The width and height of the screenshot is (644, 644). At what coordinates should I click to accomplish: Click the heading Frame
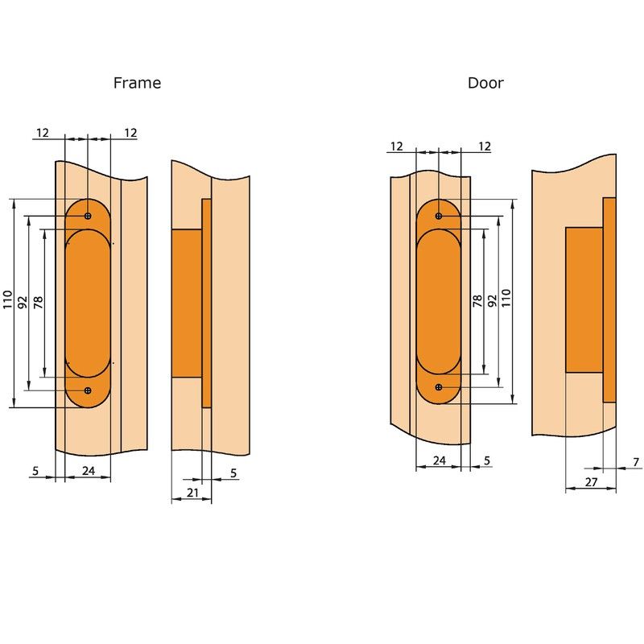pyautogui.click(x=137, y=83)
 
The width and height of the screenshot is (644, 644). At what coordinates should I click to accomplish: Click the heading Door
pyautogui.click(x=485, y=83)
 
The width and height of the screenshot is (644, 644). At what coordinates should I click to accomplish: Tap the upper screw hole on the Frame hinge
pyautogui.click(x=88, y=216)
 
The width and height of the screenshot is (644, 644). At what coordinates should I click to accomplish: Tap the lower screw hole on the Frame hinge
pyautogui.click(x=88, y=390)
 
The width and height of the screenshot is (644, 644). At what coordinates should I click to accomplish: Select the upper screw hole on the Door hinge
pyautogui.click(x=439, y=216)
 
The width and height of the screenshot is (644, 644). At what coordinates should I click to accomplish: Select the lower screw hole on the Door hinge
pyautogui.click(x=439, y=387)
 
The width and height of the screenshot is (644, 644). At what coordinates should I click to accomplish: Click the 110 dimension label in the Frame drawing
pyautogui.click(x=8, y=299)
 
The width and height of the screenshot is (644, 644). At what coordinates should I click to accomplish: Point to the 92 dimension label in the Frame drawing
pyautogui.click(x=23, y=303)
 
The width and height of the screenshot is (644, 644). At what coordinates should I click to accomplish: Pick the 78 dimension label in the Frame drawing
pyautogui.click(x=38, y=303)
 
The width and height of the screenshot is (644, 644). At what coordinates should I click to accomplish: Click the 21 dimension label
pyautogui.click(x=192, y=493)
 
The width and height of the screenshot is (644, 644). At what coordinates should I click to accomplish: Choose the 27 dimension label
pyautogui.click(x=591, y=482)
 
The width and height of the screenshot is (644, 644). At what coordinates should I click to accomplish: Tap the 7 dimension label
pyautogui.click(x=636, y=462)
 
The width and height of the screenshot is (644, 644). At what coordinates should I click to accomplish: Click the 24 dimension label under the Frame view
pyautogui.click(x=89, y=471)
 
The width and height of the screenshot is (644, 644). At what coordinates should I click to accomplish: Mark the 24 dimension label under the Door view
pyautogui.click(x=440, y=460)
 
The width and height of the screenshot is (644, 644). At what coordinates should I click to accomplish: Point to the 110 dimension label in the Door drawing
pyautogui.click(x=506, y=298)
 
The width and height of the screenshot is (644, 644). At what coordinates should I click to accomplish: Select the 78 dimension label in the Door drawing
pyautogui.click(x=477, y=301)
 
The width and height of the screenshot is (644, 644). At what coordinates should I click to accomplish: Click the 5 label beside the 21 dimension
pyautogui.click(x=233, y=473)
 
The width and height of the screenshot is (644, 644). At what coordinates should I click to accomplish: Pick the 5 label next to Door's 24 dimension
pyautogui.click(x=487, y=460)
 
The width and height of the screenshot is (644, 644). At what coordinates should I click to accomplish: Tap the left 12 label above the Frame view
pyautogui.click(x=43, y=133)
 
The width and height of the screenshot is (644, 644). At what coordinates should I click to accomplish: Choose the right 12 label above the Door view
pyautogui.click(x=485, y=147)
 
